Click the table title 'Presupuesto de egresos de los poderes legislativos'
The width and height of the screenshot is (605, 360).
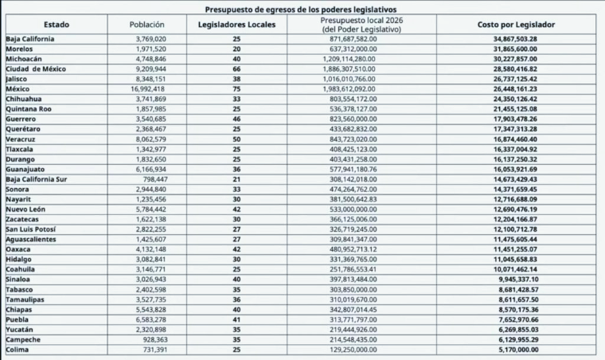coord(302,9)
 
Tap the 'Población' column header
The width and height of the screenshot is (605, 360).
coord(147,25)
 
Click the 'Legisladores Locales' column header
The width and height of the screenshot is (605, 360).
coord(236,25)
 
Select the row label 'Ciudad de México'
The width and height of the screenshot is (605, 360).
coord(40,69)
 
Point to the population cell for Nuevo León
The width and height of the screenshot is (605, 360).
coord(148,204)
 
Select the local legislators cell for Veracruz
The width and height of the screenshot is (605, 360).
coord(236,136)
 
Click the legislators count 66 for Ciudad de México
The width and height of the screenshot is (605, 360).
coord(236,69)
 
